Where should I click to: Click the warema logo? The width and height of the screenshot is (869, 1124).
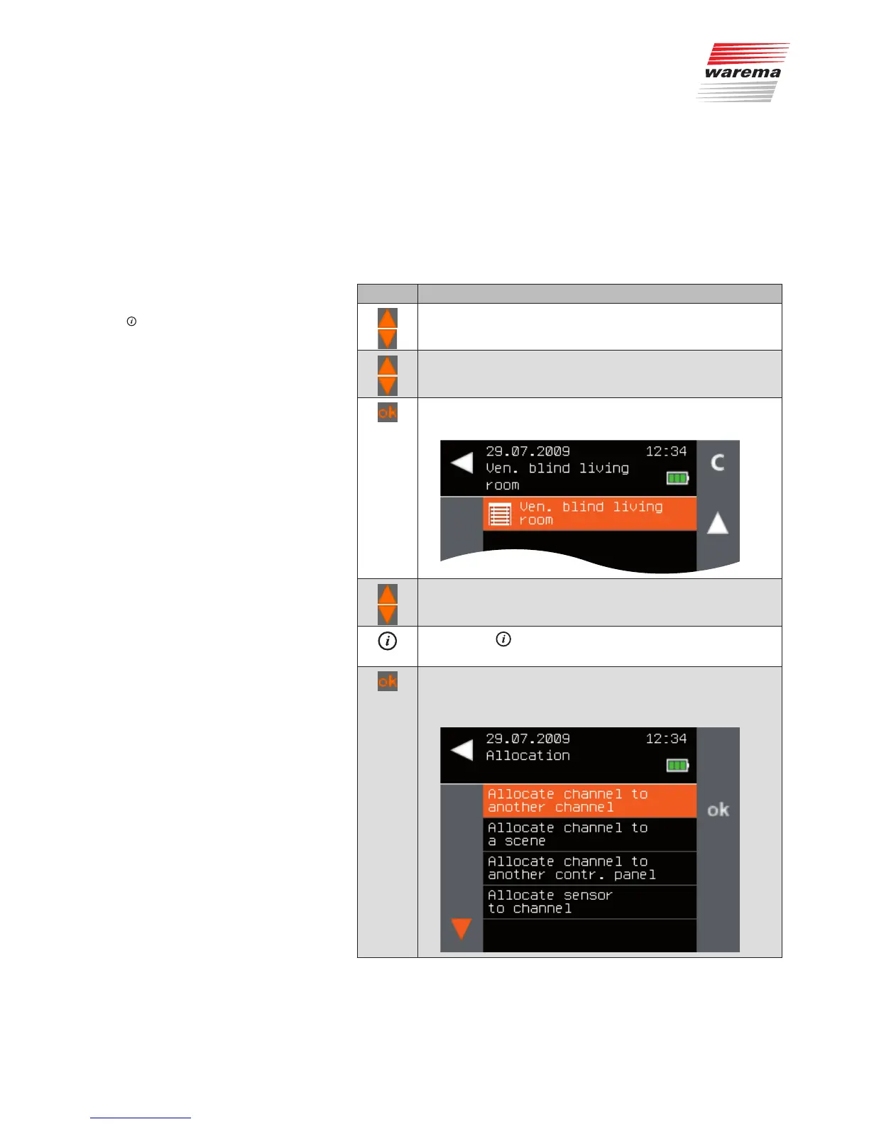pos(743,72)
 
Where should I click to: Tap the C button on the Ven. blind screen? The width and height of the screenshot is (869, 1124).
pos(718,463)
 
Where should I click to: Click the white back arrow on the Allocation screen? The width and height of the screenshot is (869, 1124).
pos(461,750)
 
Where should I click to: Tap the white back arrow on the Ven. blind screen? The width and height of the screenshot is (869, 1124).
pos(461,463)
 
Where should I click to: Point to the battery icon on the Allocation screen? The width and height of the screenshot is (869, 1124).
pos(677,765)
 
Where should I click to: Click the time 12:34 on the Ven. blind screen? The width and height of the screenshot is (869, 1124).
pos(666,451)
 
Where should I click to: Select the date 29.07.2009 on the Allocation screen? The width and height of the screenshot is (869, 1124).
pos(528,739)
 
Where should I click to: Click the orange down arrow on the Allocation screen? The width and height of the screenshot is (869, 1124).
pos(461,928)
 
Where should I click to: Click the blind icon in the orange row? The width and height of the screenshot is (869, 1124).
pos(500,514)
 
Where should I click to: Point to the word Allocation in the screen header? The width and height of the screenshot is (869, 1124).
pos(528,756)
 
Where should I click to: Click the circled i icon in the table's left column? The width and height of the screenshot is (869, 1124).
pos(387,641)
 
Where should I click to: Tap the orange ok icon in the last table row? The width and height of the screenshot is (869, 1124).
pos(388,681)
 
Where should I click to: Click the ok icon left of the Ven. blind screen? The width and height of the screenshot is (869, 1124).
pos(388,412)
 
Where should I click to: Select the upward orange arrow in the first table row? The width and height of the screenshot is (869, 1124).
pos(388,318)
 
